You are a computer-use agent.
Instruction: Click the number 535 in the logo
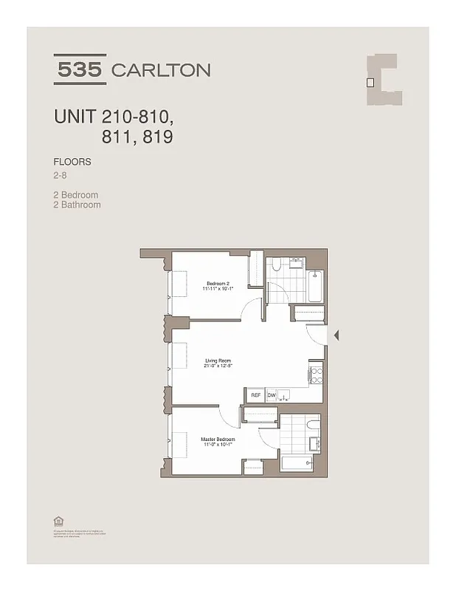[80, 70]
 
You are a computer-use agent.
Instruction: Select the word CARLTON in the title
[160, 71]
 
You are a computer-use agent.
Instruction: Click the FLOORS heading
[72, 161]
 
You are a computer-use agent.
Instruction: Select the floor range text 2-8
[61, 175]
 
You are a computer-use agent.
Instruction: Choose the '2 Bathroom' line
[77, 205]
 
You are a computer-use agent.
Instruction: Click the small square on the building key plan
[371, 83]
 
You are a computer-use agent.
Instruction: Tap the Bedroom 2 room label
[219, 284]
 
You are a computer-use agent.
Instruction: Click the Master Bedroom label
[218, 440]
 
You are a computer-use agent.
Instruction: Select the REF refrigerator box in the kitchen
[255, 395]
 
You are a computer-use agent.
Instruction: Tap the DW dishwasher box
[271, 395]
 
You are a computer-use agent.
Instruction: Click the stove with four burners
[316, 374]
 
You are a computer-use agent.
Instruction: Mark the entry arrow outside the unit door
[336, 335]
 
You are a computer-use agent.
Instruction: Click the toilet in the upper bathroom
[274, 268]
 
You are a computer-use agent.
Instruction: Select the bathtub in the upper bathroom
[317, 285]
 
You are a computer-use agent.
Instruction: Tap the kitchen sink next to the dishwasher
[289, 396]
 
